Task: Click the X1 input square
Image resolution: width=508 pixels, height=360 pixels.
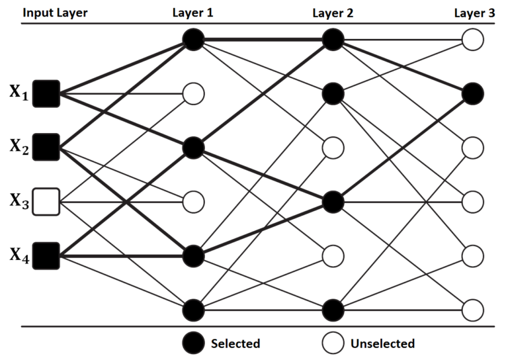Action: pyautogui.click(x=47, y=93)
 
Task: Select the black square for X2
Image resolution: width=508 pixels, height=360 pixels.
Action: pyautogui.click(x=47, y=146)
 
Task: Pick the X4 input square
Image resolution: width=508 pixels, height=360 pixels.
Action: pyautogui.click(x=47, y=255)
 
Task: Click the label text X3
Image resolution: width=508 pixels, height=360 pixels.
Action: pyautogui.click(x=19, y=201)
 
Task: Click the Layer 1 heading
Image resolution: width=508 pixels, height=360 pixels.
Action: pyautogui.click(x=192, y=12)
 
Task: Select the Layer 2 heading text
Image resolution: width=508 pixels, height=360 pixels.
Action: pyautogui.click(x=332, y=12)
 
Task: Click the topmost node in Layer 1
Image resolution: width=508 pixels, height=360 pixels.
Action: pyautogui.click(x=192, y=40)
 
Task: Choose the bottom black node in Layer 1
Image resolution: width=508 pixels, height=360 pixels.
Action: pyautogui.click(x=192, y=309)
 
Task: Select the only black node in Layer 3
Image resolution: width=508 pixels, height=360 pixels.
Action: pyautogui.click(x=472, y=94)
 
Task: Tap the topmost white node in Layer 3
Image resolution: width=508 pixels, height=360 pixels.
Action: pyautogui.click(x=472, y=40)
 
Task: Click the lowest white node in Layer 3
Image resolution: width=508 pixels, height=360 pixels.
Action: pyautogui.click(x=472, y=309)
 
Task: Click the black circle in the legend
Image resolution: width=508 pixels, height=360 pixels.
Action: pyautogui.click(x=192, y=343)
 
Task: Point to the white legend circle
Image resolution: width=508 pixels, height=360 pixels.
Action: pyautogui.click(x=332, y=343)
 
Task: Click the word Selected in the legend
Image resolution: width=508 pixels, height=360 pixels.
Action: pyautogui.click(x=235, y=343)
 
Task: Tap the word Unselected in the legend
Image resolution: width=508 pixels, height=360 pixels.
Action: pyautogui.click(x=383, y=343)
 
